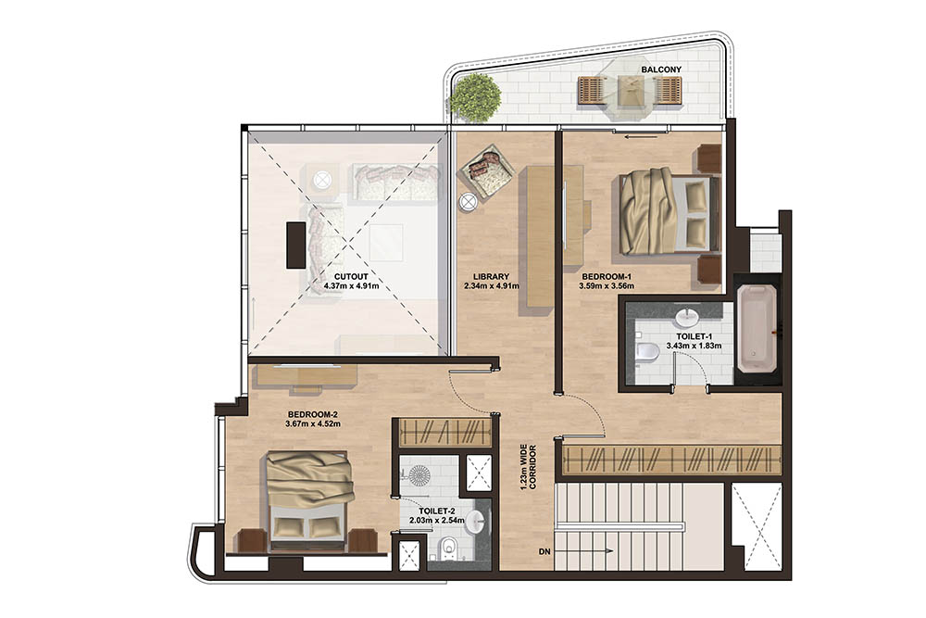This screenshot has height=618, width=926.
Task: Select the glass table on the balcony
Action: coord(630,90)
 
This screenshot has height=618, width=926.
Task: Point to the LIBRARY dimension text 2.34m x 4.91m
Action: coord(492,286)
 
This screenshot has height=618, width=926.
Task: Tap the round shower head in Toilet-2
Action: coord(419,474)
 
